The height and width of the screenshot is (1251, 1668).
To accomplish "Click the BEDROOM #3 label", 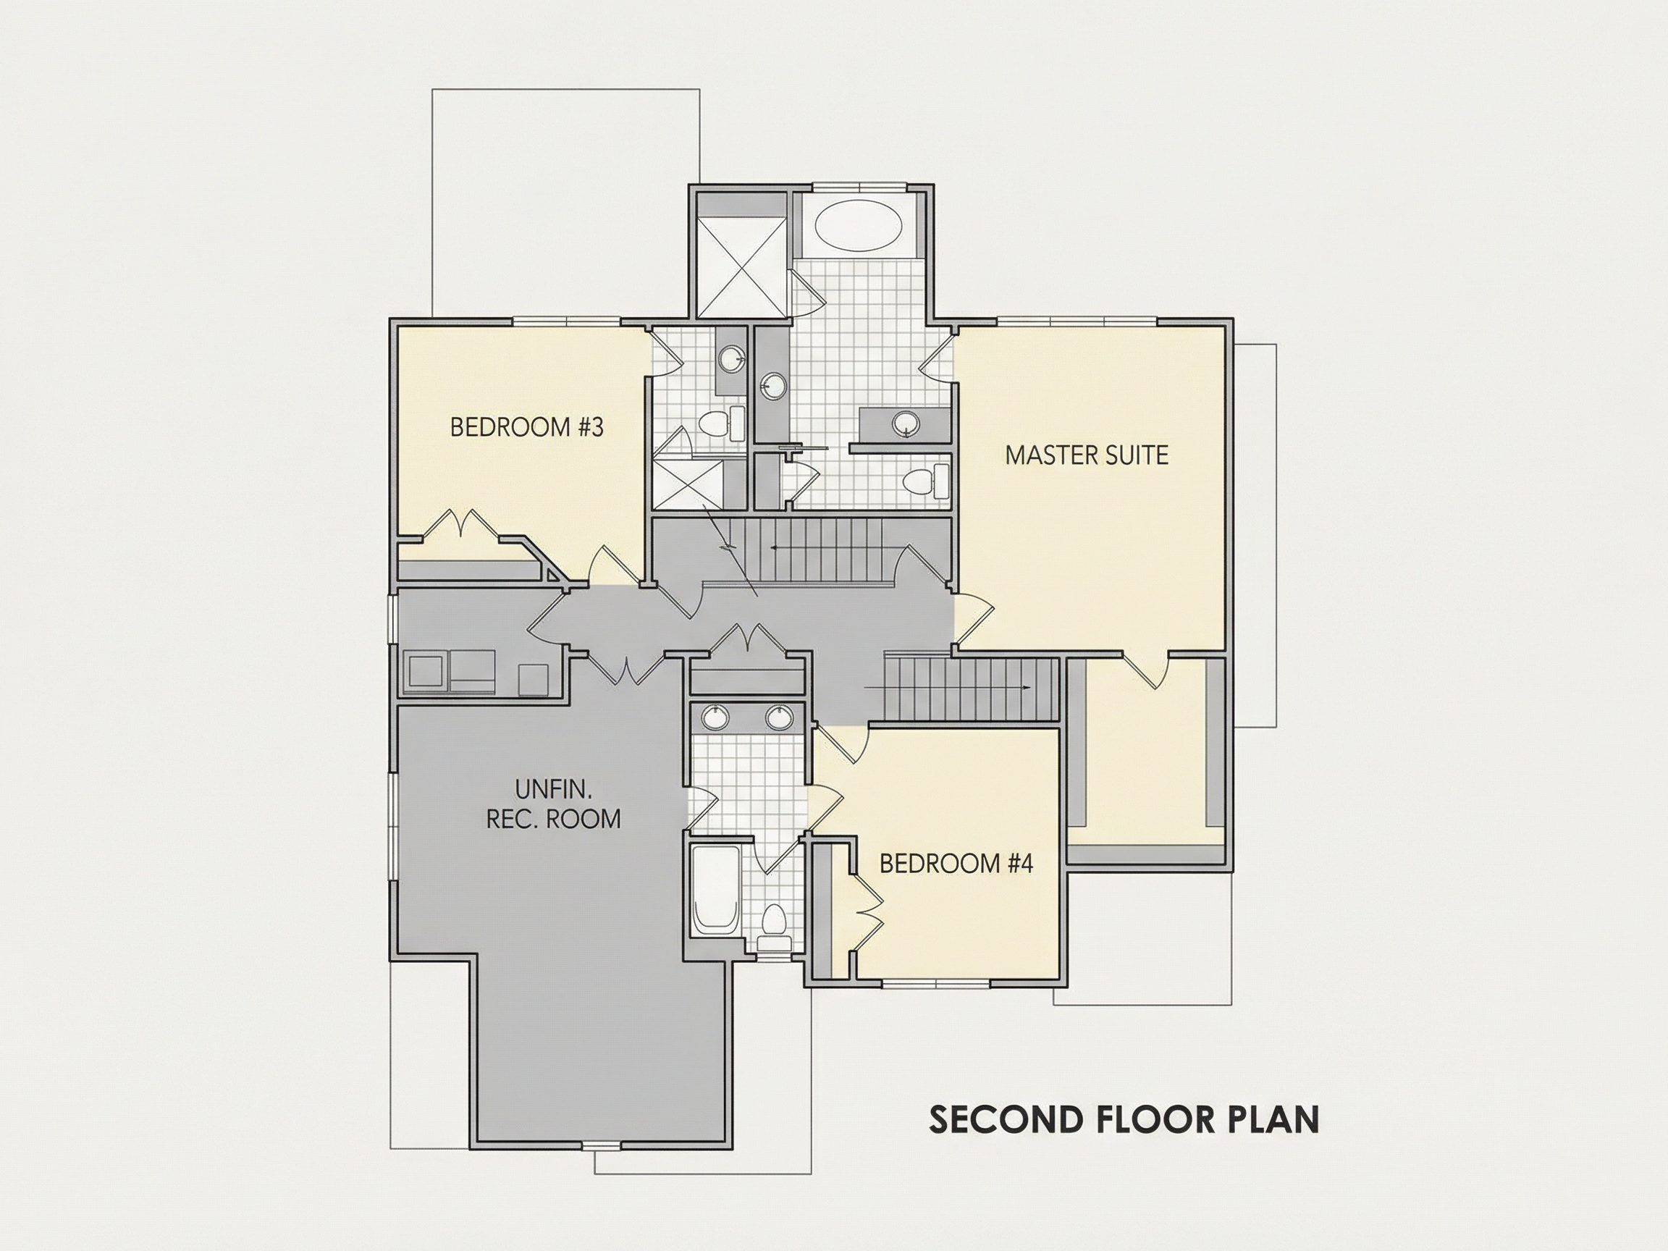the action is click(526, 428).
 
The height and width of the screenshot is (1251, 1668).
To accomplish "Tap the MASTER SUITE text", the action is click(1087, 455).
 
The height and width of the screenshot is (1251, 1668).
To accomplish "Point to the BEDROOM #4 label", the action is click(956, 864).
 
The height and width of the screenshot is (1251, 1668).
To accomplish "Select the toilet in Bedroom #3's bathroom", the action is click(720, 424).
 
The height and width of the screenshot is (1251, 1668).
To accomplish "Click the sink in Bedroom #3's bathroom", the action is click(730, 359).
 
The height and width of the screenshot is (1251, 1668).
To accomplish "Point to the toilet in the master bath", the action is click(927, 481).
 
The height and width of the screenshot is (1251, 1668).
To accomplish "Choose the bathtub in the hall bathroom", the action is click(715, 890).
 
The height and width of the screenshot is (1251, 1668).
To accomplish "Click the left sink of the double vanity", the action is click(714, 717).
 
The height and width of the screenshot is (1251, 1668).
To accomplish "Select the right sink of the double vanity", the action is click(778, 717).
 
